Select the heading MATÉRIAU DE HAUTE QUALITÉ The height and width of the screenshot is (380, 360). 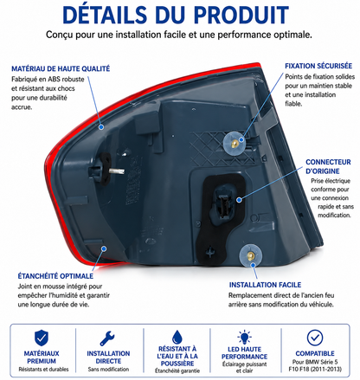[61, 68]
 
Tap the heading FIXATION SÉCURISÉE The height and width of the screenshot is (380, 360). [318, 66]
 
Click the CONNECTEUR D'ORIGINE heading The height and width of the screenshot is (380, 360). [328, 166]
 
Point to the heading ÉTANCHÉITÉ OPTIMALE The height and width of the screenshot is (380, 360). [55, 276]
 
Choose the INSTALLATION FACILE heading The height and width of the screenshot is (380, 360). [265, 285]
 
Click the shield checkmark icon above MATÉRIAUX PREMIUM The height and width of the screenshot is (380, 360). [42, 338]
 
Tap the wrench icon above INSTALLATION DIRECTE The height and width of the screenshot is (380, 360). [107, 338]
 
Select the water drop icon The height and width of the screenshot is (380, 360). [177, 337]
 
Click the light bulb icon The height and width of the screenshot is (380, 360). [244, 337]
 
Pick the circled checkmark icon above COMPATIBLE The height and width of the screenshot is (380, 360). [315, 338]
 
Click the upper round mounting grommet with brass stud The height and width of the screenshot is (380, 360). [235, 144]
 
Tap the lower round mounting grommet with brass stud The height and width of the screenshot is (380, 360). [250, 256]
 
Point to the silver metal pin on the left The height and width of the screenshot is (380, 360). [117, 171]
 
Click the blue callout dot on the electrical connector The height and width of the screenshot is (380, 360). [239, 200]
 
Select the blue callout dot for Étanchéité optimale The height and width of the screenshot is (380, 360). [104, 248]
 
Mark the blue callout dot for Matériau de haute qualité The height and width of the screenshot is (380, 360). [101, 126]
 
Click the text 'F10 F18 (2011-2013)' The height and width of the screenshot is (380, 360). [315, 369]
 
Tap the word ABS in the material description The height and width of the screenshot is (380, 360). [54, 79]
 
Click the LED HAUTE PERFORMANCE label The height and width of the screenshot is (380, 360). [244, 353]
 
